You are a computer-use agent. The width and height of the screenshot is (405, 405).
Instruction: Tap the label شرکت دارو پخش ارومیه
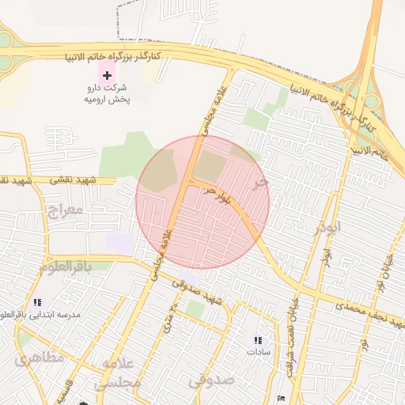coord(108,95)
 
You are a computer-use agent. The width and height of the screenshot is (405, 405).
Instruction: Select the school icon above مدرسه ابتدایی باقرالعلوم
coord(36,303)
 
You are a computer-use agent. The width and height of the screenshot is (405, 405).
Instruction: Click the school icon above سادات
coord(257,340)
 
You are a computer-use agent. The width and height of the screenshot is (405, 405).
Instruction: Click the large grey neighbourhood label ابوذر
coord(326,228)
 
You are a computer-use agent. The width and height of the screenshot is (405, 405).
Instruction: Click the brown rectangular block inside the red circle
coord(210,166)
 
